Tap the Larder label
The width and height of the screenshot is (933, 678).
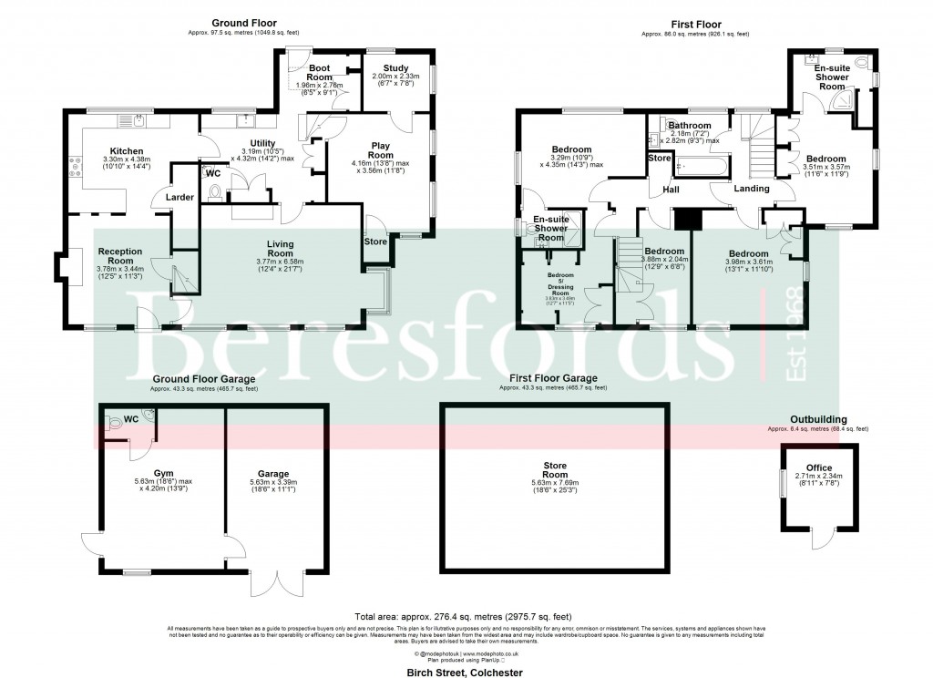(178, 197)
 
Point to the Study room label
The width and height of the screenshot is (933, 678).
(396, 67)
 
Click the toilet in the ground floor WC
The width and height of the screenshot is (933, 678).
(215, 192)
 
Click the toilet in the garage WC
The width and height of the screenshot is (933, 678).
(114, 423)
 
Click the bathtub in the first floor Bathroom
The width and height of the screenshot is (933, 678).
(702, 167)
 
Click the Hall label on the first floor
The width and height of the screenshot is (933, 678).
(672, 190)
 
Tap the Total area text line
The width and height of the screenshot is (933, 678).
(466, 618)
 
